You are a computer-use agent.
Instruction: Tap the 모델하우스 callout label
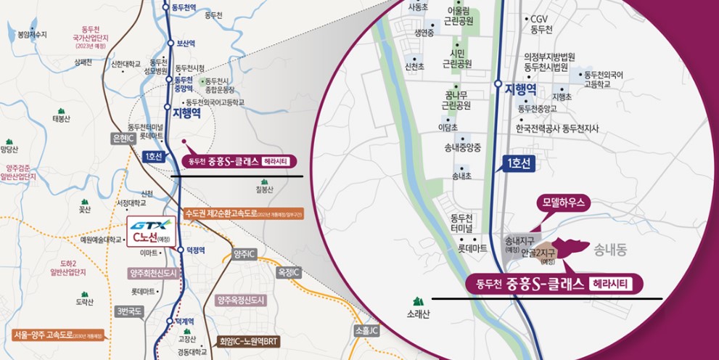pyautogui.click(x=563, y=203)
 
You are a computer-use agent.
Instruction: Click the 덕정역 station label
pyautogui.click(x=196, y=249)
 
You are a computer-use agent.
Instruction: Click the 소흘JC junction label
pyautogui.click(x=367, y=331)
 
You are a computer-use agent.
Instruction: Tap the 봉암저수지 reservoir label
pyautogui.click(x=32, y=34)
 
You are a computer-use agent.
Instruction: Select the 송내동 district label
pyautogui.click(x=608, y=250)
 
